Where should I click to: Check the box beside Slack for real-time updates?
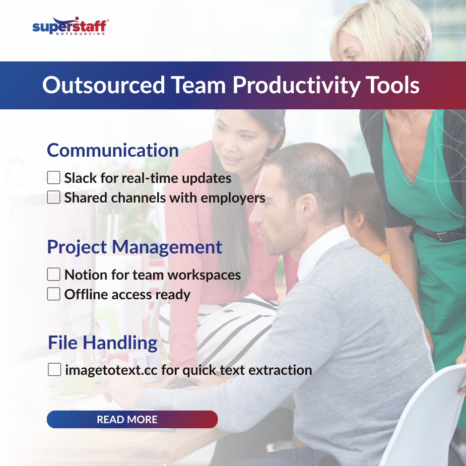(x=53, y=178)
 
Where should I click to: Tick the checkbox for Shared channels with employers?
(x=53, y=197)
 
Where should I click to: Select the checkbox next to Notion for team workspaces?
(x=53, y=275)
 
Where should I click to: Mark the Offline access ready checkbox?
(x=53, y=294)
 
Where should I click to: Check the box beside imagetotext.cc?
(x=54, y=370)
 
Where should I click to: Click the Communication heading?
(x=113, y=150)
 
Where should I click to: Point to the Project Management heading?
(x=135, y=247)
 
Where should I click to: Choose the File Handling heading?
(x=103, y=343)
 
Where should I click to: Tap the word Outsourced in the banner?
(x=103, y=85)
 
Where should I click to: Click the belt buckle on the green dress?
(x=442, y=235)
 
